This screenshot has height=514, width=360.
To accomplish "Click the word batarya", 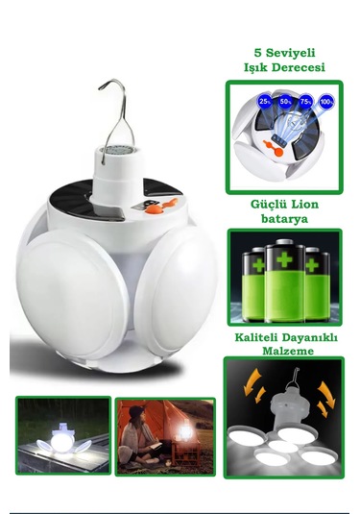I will pyautogui.click(x=283, y=218).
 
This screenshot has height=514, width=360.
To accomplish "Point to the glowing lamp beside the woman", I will pyautogui.click(x=180, y=447).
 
